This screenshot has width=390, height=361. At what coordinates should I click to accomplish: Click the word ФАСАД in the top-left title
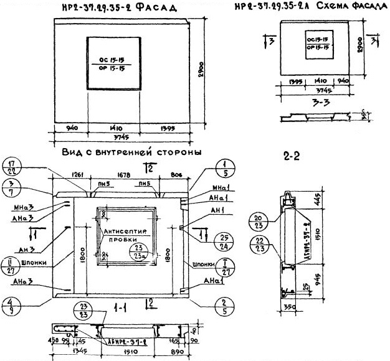[x=152, y=8]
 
